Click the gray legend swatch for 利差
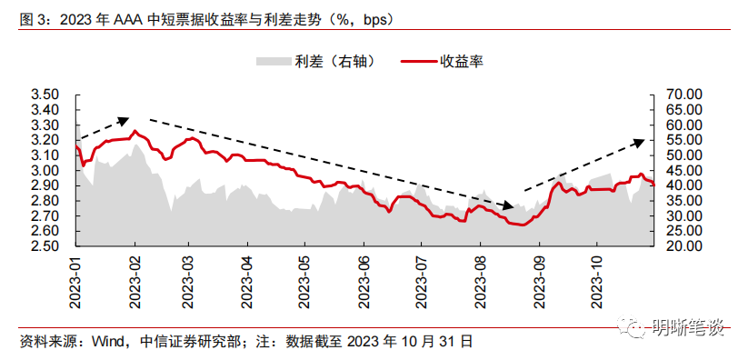click(x=272, y=62)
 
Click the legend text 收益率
click(x=461, y=62)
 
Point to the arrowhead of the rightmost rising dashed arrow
click(x=641, y=141)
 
